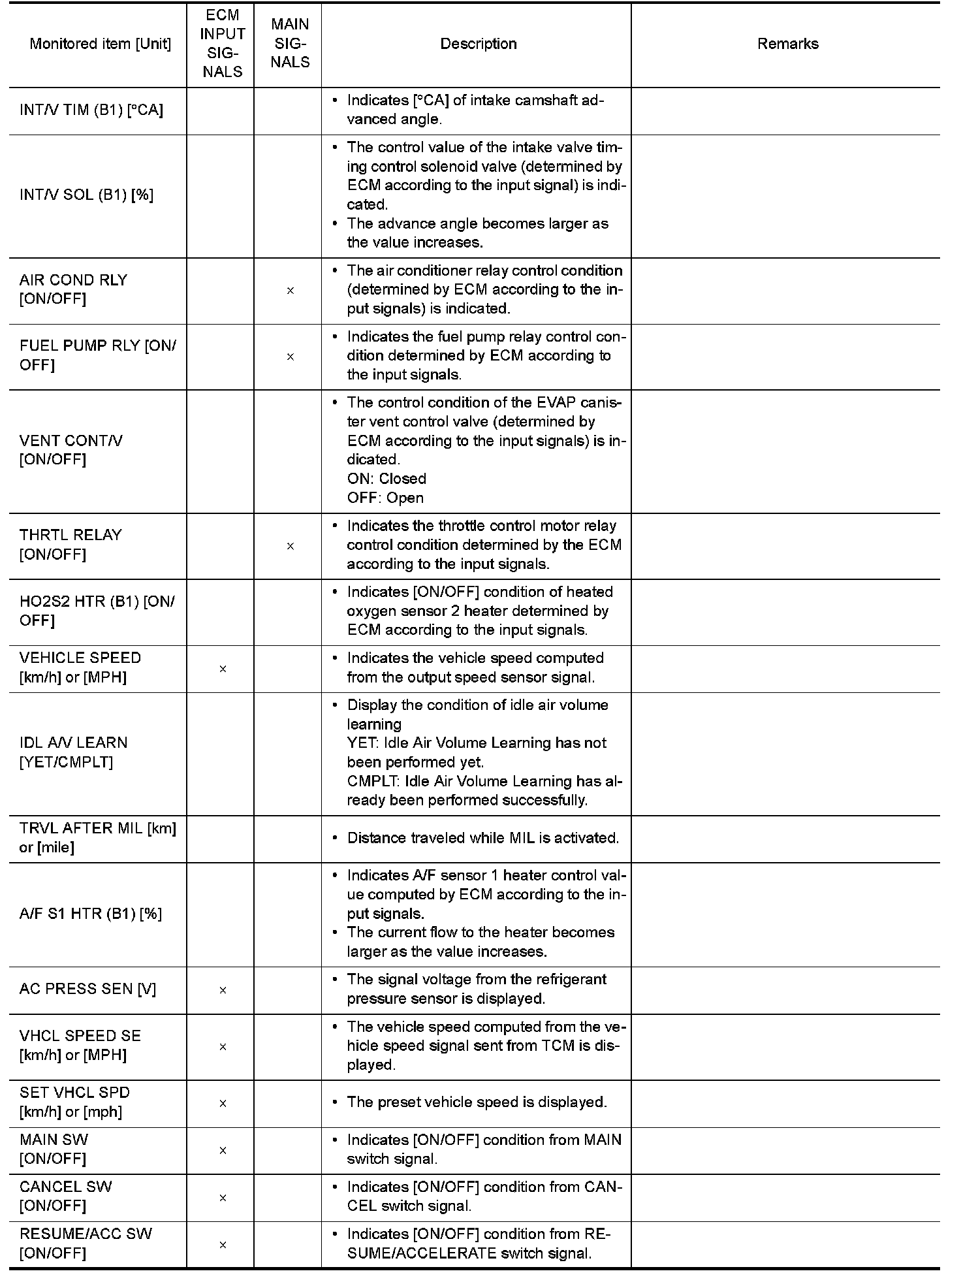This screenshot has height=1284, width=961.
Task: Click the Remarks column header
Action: tap(787, 44)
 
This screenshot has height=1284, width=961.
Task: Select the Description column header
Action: tap(478, 44)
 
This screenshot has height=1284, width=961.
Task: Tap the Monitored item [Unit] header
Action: tap(100, 44)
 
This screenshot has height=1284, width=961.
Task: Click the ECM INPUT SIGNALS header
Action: tap(223, 43)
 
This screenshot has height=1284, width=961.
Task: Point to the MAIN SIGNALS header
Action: tap(290, 43)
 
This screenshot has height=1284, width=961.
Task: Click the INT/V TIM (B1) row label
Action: tap(91, 110)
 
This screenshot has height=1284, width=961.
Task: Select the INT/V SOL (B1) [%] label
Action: tap(86, 195)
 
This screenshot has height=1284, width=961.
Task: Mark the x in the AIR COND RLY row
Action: tap(291, 291)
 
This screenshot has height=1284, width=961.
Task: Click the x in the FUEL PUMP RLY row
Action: tap(291, 357)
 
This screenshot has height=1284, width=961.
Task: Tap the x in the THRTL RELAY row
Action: tap(291, 546)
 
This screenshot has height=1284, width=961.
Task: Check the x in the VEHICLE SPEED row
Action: tap(223, 669)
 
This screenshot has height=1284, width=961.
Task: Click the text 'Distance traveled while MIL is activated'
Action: tap(482, 838)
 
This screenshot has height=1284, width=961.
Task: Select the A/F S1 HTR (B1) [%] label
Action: tap(90, 914)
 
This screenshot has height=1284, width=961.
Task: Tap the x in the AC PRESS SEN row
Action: tap(223, 990)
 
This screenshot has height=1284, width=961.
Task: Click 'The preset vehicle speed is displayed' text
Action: tap(477, 1102)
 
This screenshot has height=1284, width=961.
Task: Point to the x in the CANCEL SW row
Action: tap(223, 1198)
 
